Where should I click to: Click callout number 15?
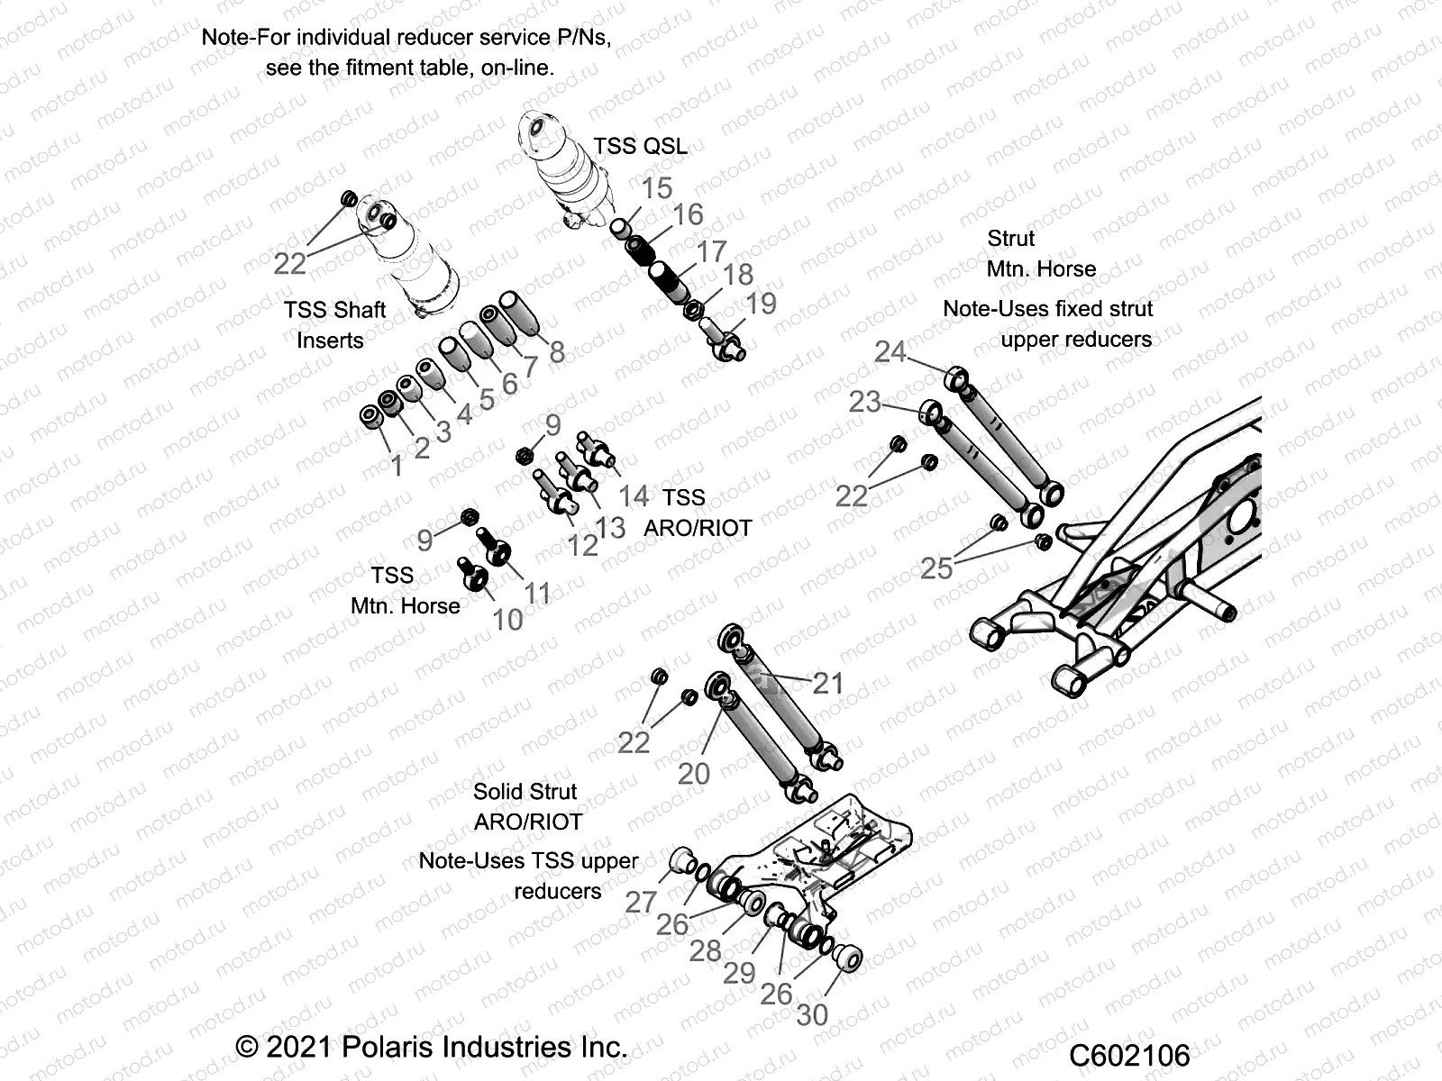(x=657, y=188)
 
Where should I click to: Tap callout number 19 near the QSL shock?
(x=761, y=304)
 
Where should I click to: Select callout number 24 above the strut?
(x=890, y=351)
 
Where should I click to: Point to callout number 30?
(x=812, y=1015)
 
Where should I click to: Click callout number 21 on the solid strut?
(x=828, y=684)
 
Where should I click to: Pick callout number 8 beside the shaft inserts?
(x=557, y=352)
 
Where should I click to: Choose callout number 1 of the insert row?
(x=397, y=466)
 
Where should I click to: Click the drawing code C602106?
(x=1130, y=1055)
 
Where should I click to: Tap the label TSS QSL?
(x=640, y=146)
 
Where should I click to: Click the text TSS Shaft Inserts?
(x=334, y=325)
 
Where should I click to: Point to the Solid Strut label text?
(x=525, y=792)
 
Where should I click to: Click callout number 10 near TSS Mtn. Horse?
(x=507, y=620)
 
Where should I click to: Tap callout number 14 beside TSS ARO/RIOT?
(x=633, y=495)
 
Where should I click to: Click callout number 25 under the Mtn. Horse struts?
(x=936, y=568)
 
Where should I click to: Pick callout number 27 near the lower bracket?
(x=641, y=902)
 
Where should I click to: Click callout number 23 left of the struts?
(x=864, y=401)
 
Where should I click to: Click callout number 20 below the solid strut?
(x=694, y=774)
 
